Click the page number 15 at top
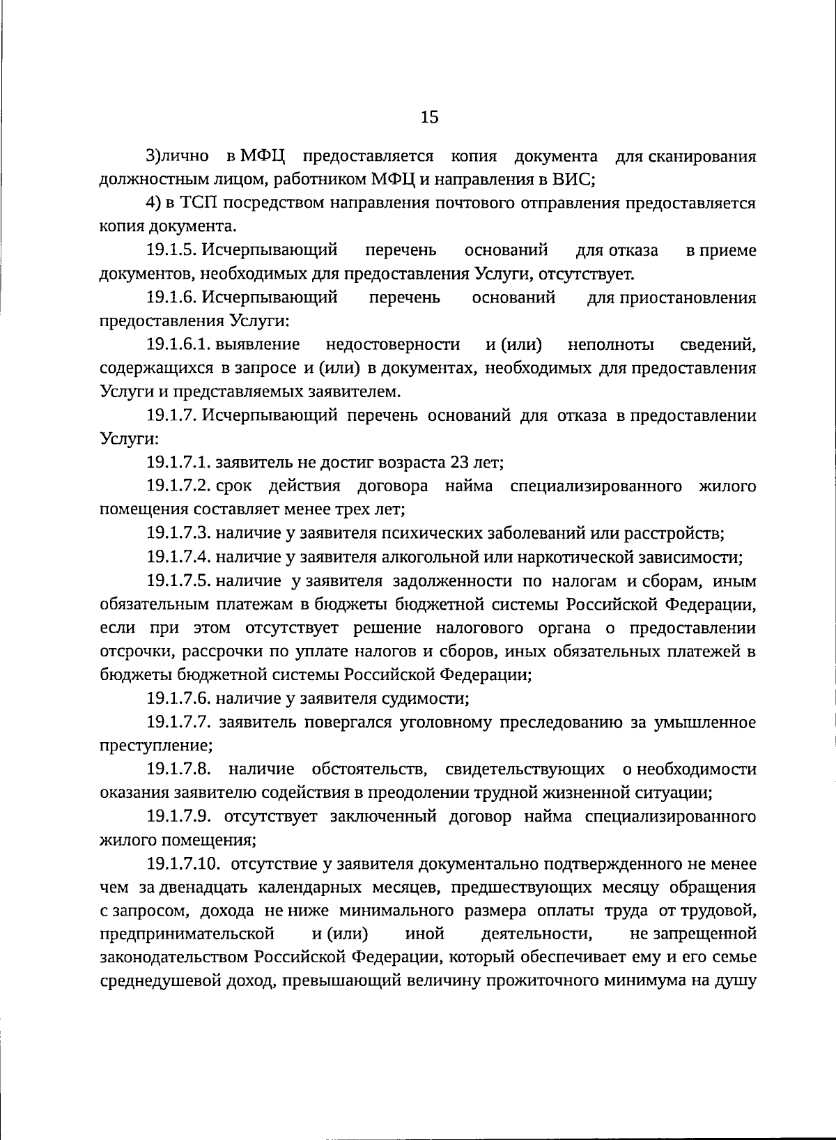(x=430, y=118)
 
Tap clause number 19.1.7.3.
(x=178, y=534)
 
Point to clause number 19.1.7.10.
(x=184, y=865)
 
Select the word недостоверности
(x=393, y=344)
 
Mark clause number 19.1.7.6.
(x=178, y=698)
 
